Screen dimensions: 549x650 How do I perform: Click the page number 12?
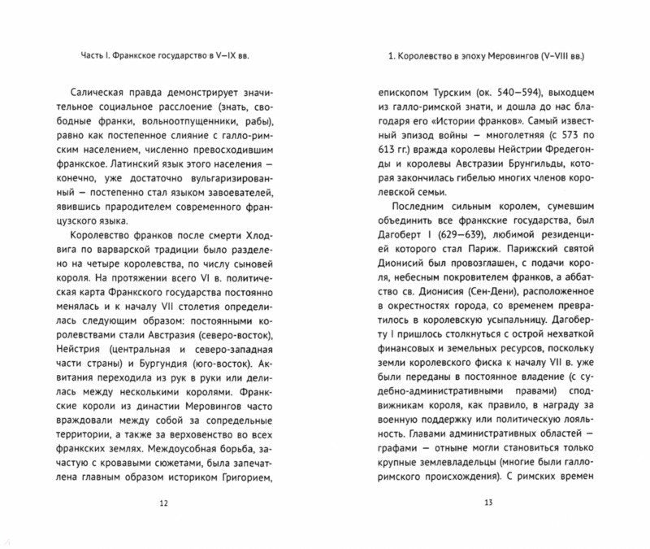164,505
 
